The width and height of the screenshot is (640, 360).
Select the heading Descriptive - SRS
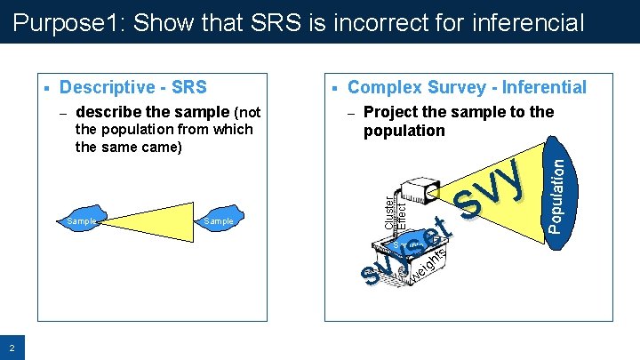(x=132, y=87)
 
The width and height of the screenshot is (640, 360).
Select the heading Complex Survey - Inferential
(x=467, y=87)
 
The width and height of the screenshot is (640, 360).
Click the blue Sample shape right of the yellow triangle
(x=219, y=220)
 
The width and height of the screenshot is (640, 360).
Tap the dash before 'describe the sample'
(x=62, y=113)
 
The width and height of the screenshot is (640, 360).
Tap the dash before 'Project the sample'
(x=350, y=113)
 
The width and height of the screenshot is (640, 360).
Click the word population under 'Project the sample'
(x=404, y=131)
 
